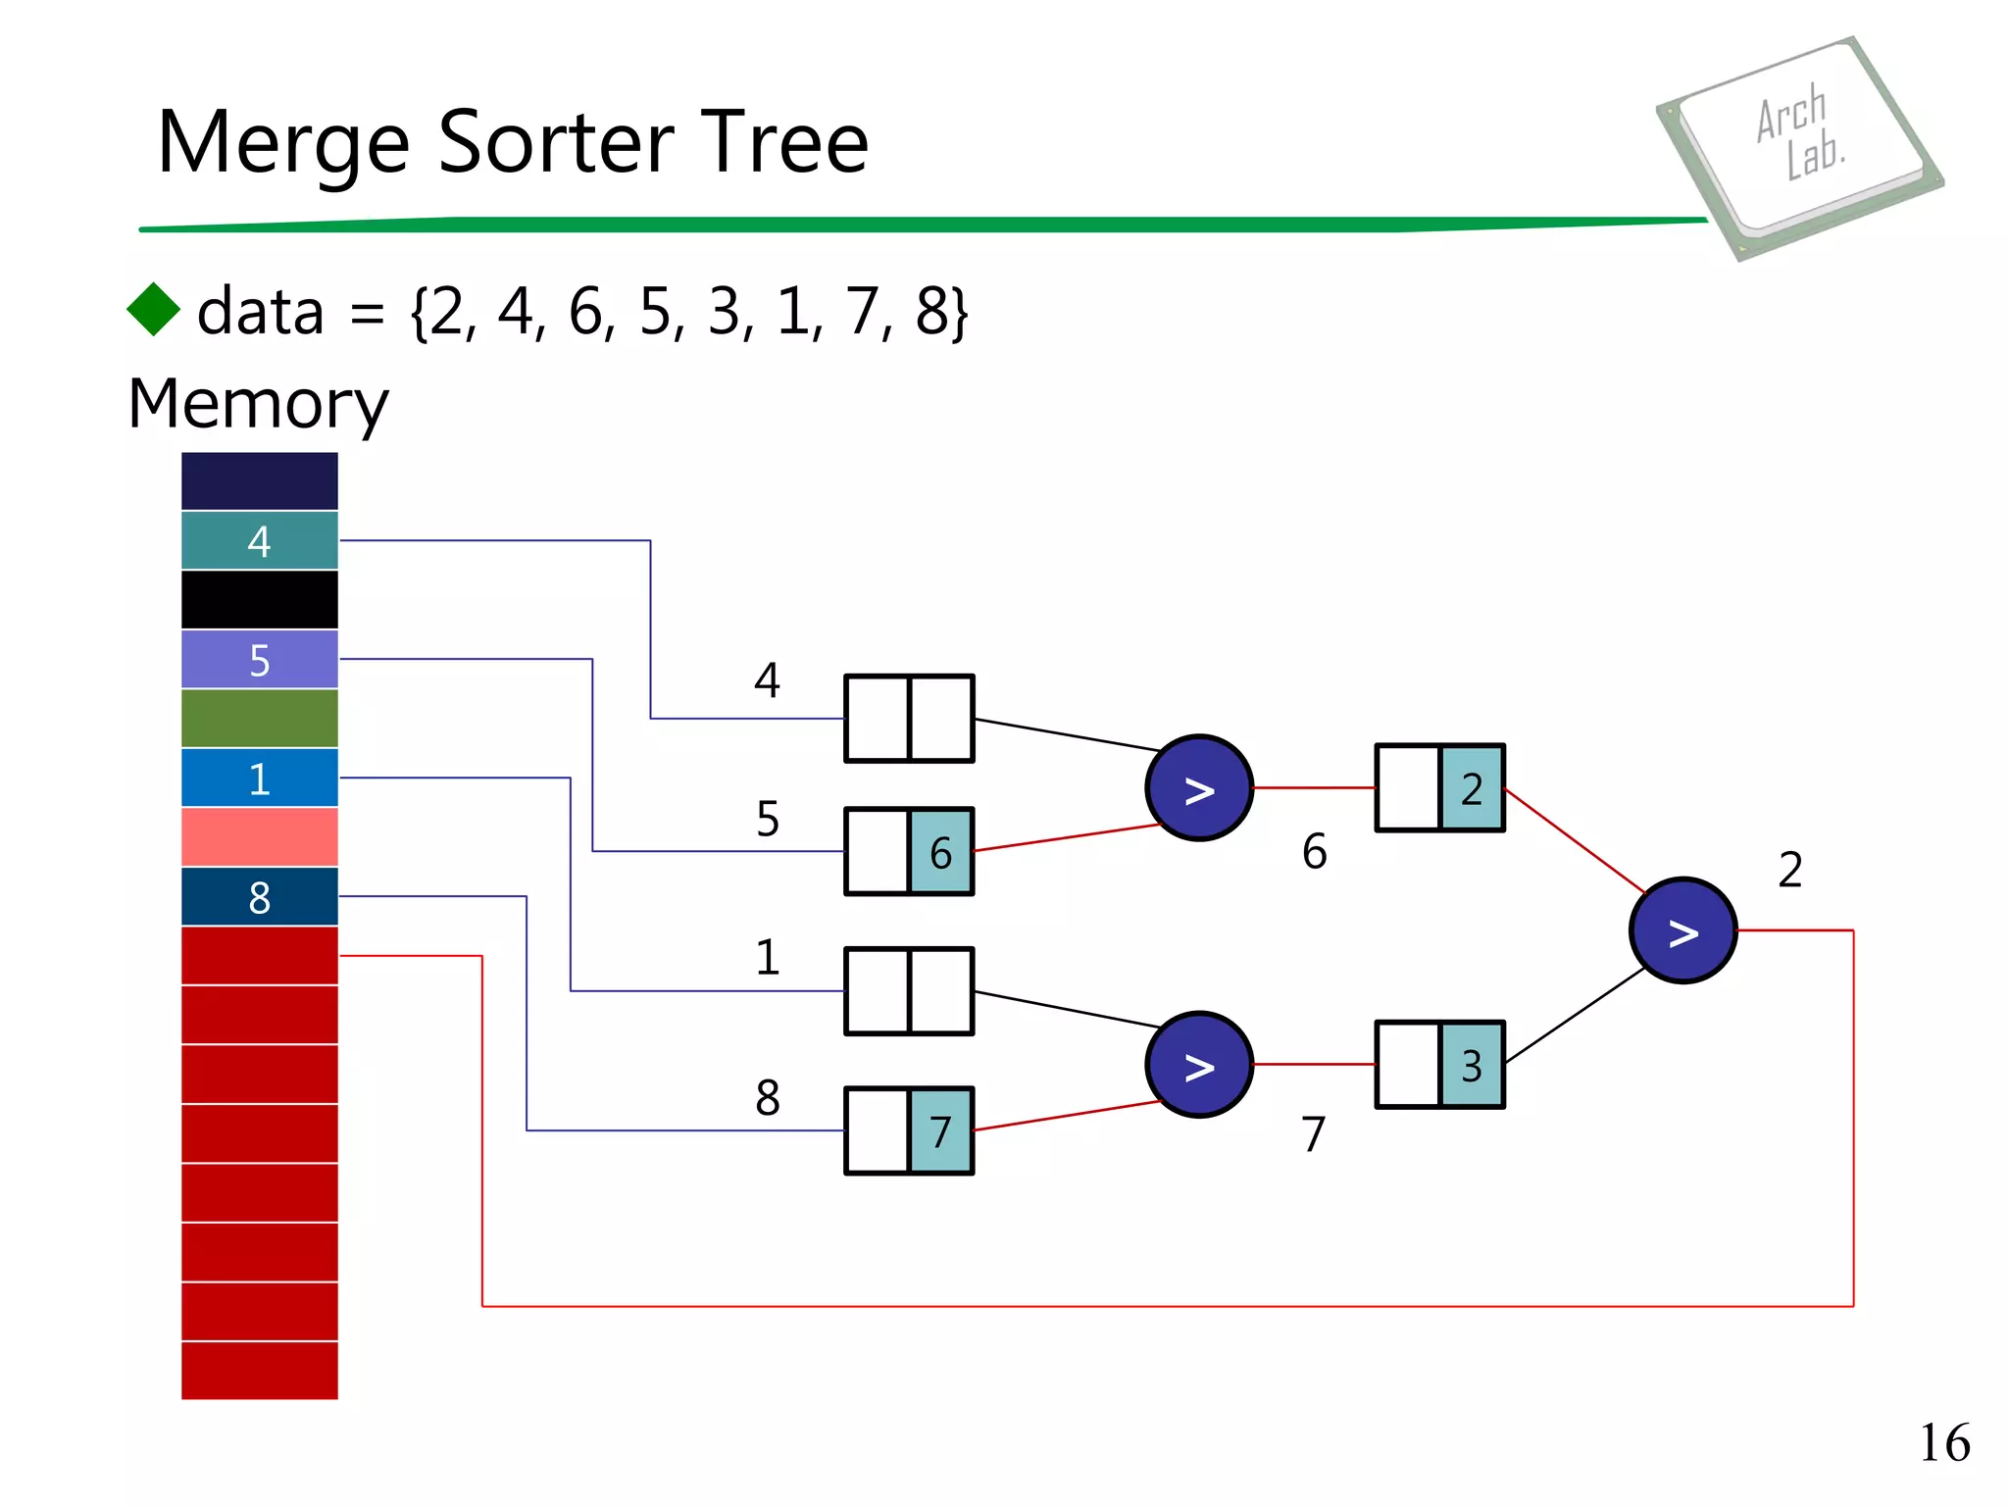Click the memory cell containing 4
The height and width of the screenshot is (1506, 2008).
259,540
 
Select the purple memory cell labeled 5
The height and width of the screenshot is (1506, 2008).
259,659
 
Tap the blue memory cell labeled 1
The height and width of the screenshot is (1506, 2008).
259,778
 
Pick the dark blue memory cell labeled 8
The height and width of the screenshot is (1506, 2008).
259,896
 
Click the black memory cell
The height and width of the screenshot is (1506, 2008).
259,599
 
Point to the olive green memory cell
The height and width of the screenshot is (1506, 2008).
259,718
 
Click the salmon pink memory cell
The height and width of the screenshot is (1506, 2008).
259,836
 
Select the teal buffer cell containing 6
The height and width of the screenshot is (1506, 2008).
940,852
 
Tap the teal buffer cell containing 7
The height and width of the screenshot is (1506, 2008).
940,1130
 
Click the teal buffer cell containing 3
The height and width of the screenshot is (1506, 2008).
1471,1065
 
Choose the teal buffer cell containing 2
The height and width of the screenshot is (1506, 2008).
1471,788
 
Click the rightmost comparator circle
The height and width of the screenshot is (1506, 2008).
1682,930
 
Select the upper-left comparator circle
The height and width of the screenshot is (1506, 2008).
1198,787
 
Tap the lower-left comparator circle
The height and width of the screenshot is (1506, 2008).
1198,1065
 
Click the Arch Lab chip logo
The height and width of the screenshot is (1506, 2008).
1799,147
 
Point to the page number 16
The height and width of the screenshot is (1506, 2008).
1943,1443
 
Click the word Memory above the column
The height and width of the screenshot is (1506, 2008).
258,404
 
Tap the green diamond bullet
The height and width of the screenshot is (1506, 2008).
154,310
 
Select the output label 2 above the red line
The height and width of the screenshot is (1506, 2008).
1789,870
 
